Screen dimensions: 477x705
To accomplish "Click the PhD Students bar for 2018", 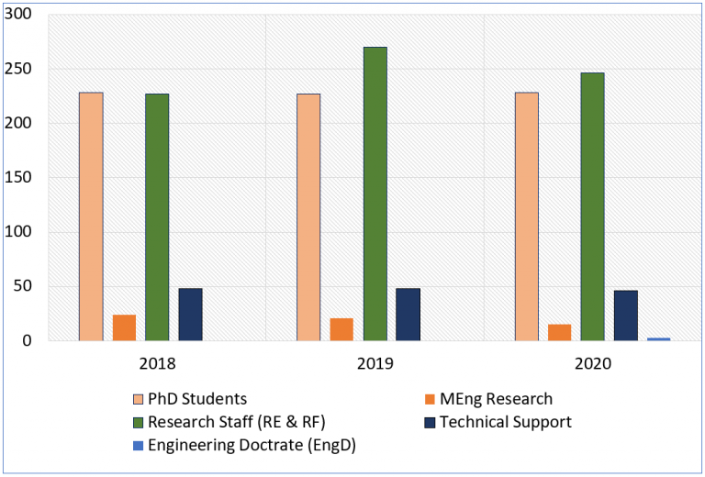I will tap(91, 216).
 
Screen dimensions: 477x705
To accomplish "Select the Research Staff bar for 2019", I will tap(375, 194).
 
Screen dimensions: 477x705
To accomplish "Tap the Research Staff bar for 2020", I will tap(592, 206).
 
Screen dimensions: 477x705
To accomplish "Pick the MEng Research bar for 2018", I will tap(124, 327).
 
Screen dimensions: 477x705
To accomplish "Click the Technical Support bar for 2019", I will tap(408, 315).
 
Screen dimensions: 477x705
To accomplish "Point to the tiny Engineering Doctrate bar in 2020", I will tap(658, 338).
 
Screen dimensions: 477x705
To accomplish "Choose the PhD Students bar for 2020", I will tap(526, 216).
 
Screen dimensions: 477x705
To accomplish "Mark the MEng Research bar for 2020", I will tap(559, 332).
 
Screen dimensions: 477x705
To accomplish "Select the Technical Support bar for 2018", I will tap(190, 315).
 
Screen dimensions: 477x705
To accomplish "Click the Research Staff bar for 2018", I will tap(157, 217).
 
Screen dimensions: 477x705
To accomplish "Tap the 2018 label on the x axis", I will tap(157, 362).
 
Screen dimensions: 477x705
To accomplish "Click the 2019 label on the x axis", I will tap(375, 362).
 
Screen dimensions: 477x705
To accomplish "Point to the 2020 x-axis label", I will tap(592, 362).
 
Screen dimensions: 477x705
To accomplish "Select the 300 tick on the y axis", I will tap(19, 15).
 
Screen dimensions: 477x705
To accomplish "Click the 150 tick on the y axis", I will tap(19, 177).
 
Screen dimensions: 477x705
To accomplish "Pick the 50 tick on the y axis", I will tap(23, 286).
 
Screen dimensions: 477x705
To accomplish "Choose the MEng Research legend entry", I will tap(496, 399).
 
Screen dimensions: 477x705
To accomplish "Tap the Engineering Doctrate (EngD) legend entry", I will tap(251, 447).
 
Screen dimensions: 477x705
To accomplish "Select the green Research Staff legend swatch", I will tap(139, 423).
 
